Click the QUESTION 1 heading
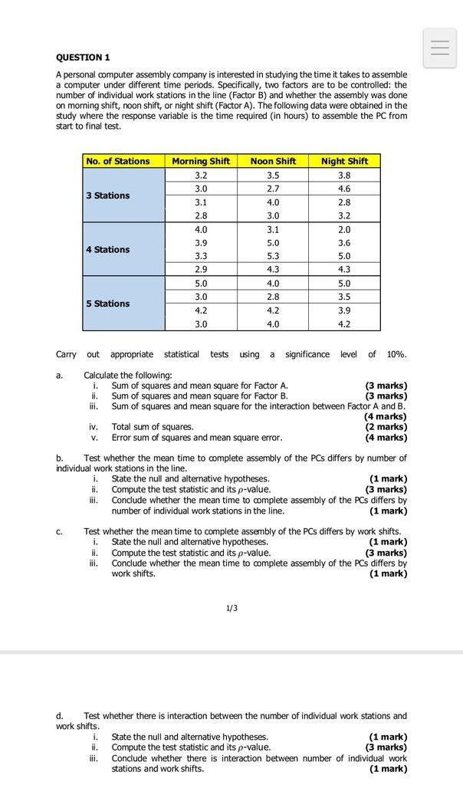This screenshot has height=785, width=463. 83,57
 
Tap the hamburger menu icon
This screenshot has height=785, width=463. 440,48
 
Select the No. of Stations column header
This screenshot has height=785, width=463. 118,161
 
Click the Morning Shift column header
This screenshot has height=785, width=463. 201,161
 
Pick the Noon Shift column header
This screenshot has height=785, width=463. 273,161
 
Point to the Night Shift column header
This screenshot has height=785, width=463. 344,161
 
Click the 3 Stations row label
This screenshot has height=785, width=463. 108,195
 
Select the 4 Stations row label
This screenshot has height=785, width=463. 108,249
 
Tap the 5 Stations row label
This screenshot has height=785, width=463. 108,304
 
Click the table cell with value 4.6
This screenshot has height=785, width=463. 344,189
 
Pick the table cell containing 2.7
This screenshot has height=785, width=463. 273,189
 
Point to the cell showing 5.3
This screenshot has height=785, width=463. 273,256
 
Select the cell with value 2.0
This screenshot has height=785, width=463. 344,229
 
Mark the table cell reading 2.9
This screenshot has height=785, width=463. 201,270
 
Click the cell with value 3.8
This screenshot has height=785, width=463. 344,175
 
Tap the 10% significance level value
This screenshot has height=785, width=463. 396,354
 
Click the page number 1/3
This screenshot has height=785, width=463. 231,608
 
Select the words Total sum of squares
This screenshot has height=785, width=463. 153,427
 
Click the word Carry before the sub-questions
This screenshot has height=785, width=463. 66,354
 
